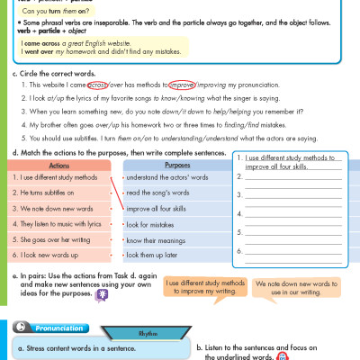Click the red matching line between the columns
pyautogui.click(x=114, y=192)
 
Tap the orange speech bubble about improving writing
pyautogui.click(x=203, y=286)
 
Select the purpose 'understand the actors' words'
pyautogui.click(x=171, y=177)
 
